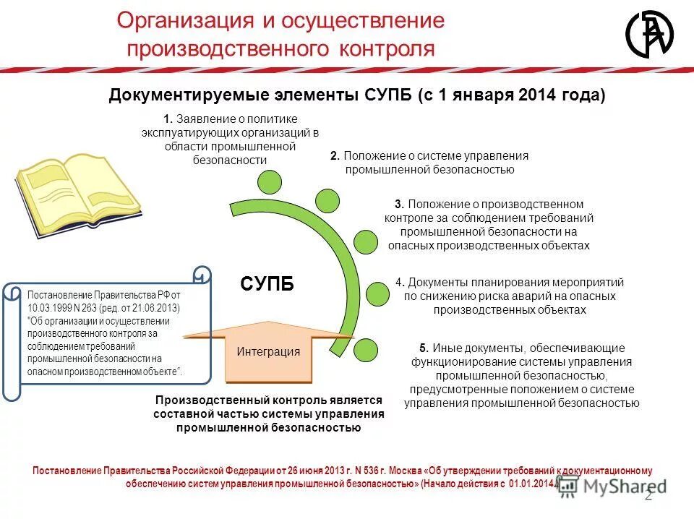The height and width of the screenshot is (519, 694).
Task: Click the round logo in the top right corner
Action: [648, 34]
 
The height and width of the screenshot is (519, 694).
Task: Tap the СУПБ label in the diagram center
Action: [267, 283]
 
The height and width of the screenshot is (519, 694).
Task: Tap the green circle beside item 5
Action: [366, 349]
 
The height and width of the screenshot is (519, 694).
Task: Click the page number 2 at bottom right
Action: [648, 495]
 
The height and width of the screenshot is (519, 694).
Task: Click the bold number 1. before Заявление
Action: [167, 119]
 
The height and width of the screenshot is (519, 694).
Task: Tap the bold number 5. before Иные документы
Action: [424, 348]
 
